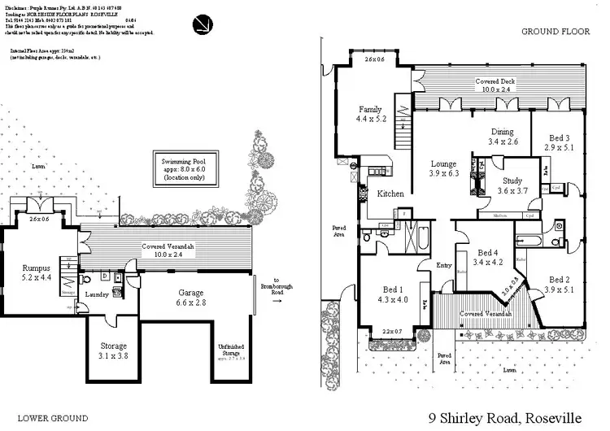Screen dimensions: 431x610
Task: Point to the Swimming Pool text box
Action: tap(189, 169)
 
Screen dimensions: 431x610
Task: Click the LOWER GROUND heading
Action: tap(53, 418)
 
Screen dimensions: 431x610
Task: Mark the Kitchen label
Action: tap(390, 194)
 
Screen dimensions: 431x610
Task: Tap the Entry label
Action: tap(443, 265)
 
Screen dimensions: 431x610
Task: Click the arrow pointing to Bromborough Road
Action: tap(277, 299)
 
